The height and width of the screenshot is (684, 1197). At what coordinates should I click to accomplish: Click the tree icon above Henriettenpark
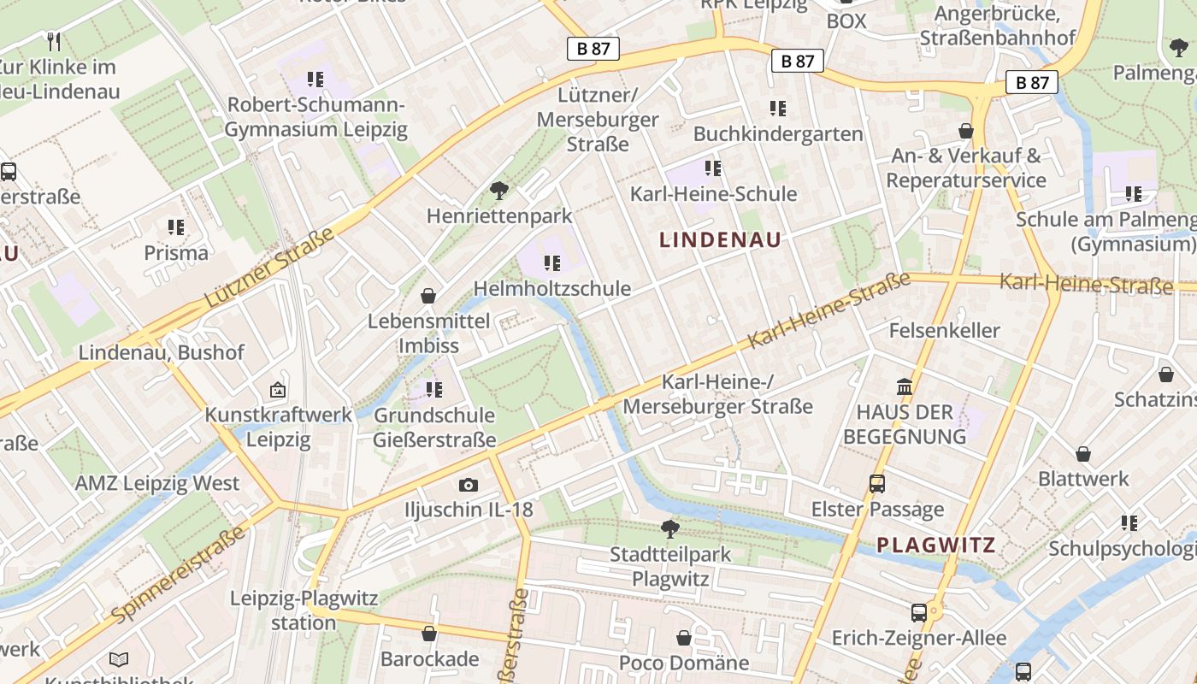[x=499, y=191]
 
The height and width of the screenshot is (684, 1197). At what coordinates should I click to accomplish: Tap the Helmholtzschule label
[x=552, y=289]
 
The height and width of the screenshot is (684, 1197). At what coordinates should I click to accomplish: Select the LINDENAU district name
[x=721, y=240]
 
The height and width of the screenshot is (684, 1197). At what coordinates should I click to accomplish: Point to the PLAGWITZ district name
[x=936, y=545]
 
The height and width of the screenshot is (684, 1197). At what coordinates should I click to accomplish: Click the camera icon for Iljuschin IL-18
[x=468, y=486]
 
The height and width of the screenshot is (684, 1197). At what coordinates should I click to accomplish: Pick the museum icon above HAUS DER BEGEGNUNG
[x=905, y=386]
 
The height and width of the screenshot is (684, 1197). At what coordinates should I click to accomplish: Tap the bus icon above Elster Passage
[x=877, y=484]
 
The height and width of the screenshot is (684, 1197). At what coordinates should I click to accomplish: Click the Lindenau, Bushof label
[x=161, y=352]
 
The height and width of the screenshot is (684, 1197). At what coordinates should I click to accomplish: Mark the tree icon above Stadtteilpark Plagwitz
[x=670, y=529]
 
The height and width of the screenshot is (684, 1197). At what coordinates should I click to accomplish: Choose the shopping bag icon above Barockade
[x=429, y=634]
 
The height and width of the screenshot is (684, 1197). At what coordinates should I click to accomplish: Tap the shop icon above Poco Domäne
[x=683, y=638]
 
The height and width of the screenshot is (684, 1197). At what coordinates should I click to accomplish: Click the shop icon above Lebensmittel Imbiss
[x=427, y=296]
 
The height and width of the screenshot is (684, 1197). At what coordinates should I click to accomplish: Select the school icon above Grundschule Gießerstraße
[x=434, y=390]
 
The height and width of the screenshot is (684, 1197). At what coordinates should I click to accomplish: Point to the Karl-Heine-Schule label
[x=713, y=194]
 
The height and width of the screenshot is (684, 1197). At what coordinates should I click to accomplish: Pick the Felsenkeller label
[x=944, y=330]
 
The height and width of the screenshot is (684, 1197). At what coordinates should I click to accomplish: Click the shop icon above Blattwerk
[x=1083, y=454]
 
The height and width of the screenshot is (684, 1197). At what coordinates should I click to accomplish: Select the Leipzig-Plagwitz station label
[x=304, y=610]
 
